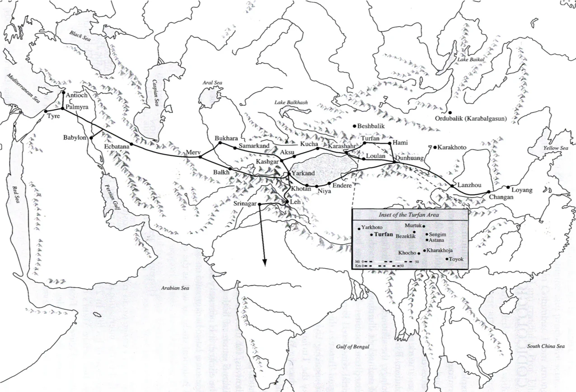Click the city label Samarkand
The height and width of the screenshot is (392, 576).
coord(254,145)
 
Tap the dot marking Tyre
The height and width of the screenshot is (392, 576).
coord(46,111)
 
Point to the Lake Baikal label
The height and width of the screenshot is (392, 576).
coord(471,60)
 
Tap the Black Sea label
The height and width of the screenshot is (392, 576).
coord(80,37)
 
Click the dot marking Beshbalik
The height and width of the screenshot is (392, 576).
coord(355,126)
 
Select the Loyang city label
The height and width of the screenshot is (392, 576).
coord(523,190)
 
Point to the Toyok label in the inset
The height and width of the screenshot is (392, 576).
coord(457,259)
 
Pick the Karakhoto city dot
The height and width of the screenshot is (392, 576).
coord(435,147)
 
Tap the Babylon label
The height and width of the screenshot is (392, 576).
coord(75,138)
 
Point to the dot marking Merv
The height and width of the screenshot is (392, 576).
coord(200,157)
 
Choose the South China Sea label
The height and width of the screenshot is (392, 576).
coord(546,346)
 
